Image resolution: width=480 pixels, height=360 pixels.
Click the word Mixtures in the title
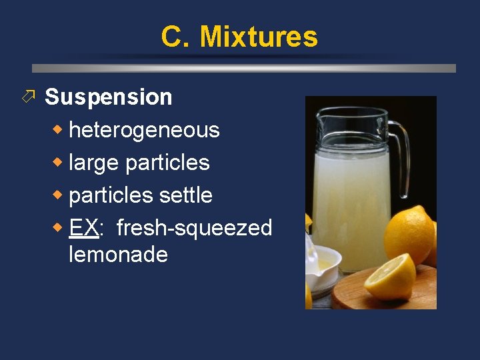coord(259,37)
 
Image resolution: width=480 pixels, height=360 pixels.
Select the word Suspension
coord(108,97)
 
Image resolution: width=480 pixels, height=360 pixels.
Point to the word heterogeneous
coord(144,130)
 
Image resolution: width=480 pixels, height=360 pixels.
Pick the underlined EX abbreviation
coord(85,228)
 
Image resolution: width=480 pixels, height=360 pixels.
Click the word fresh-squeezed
coord(194,228)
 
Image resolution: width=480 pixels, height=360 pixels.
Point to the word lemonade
coord(118,254)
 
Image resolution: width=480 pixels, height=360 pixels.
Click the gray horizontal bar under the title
coord(244,68)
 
